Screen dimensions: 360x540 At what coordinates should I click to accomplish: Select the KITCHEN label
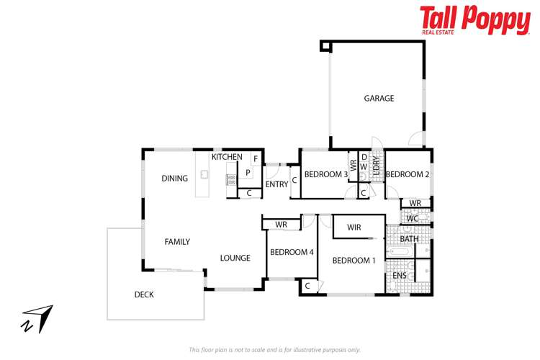[226, 157]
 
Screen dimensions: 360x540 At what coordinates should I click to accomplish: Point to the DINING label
[174, 179]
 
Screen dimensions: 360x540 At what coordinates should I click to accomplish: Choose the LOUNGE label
[235, 258]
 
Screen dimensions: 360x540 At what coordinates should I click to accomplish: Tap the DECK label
[143, 294]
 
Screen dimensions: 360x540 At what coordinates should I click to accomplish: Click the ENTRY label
[276, 184]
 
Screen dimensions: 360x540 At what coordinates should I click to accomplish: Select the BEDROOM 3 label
[326, 174]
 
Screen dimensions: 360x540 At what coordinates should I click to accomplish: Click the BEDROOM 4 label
[291, 252]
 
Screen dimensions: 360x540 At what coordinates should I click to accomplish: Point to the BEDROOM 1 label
[354, 261]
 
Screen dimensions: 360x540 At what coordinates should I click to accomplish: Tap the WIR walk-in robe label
[353, 228]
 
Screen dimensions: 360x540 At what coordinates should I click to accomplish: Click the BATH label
[409, 239]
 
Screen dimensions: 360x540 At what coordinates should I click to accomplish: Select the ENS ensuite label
[400, 276]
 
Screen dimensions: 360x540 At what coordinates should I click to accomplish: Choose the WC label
[412, 218]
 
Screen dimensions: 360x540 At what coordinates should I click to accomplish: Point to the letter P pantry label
[247, 173]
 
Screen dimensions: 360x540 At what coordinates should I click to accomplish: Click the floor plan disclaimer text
[274, 349]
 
